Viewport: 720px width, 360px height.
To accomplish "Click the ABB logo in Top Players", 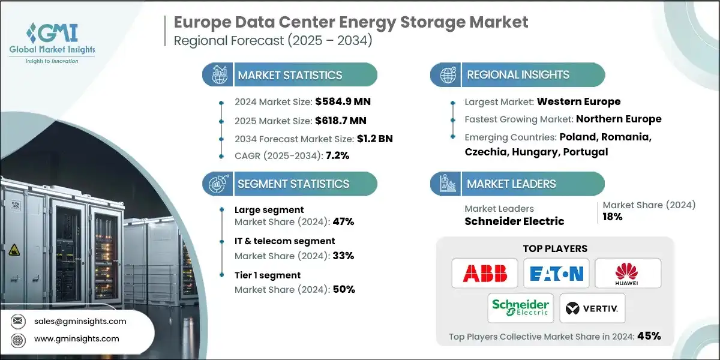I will coord(485,274).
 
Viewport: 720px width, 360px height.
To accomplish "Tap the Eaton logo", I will coord(556,274).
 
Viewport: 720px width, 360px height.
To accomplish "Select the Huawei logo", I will coord(628,274).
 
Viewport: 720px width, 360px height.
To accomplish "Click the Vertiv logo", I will coord(592,308).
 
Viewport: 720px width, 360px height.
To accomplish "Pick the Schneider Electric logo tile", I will coord(520,308).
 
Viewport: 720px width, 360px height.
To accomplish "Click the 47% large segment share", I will coord(343,221).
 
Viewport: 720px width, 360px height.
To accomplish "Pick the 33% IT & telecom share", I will coord(343,256).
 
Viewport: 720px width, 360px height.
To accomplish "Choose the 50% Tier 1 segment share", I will coord(343,289).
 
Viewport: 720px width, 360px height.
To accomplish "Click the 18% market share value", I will coord(613,217).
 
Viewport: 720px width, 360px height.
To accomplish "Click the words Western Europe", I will coord(578,101).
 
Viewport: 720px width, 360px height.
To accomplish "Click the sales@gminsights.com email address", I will coord(80,321).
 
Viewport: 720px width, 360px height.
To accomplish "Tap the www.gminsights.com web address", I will coord(77,338).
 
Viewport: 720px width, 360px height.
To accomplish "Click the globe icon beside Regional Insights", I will coord(448,75).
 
